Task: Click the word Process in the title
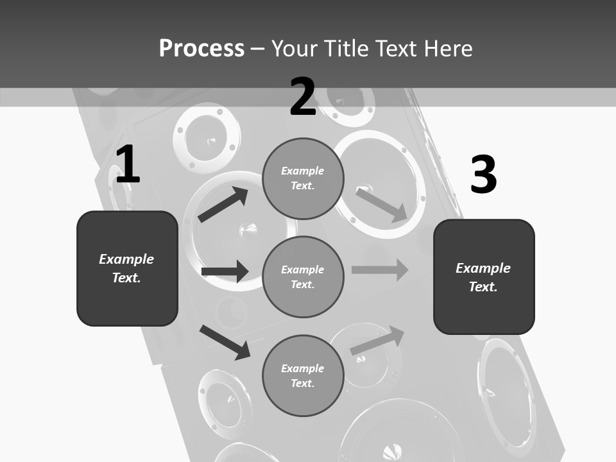click(x=201, y=49)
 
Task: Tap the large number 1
click(x=128, y=165)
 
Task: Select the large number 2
click(x=303, y=97)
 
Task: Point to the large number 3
click(x=483, y=175)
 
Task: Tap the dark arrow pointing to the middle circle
click(x=225, y=271)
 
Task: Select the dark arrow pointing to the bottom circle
click(x=225, y=342)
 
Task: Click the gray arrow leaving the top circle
click(x=381, y=205)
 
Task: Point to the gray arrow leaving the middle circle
click(x=380, y=269)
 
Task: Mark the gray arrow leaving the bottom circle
click(x=378, y=340)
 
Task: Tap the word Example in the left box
click(x=126, y=259)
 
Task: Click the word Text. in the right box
click(x=483, y=287)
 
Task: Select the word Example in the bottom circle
click(x=302, y=368)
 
